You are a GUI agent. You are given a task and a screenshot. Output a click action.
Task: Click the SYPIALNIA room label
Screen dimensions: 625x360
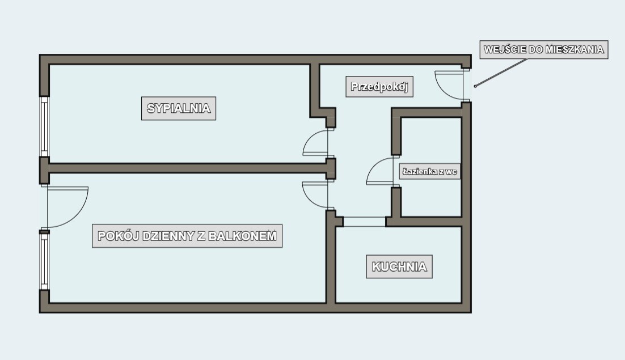pos(179,108)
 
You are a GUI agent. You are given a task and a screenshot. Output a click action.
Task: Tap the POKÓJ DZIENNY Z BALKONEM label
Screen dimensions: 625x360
pos(187,236)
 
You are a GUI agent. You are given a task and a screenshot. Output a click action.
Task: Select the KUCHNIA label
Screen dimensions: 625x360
pos(399,267)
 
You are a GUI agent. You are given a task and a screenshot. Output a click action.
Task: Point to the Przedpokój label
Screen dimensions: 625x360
pos(379,86)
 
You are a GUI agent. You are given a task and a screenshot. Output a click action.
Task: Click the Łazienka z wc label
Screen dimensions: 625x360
pos(430,172)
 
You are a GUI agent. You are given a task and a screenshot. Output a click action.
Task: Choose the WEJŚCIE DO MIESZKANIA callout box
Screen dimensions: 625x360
pos(544,49)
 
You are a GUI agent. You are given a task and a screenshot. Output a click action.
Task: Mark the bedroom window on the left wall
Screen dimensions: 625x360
pos(44,126)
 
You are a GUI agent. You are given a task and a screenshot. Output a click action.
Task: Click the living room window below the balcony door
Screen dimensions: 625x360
pos(44,260)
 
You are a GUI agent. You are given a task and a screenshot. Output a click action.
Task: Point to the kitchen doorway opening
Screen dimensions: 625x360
pos(364,222)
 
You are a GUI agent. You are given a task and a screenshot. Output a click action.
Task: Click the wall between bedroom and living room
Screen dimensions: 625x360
pos(187,168)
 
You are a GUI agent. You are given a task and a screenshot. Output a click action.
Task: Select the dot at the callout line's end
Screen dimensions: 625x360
pos(475,86)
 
